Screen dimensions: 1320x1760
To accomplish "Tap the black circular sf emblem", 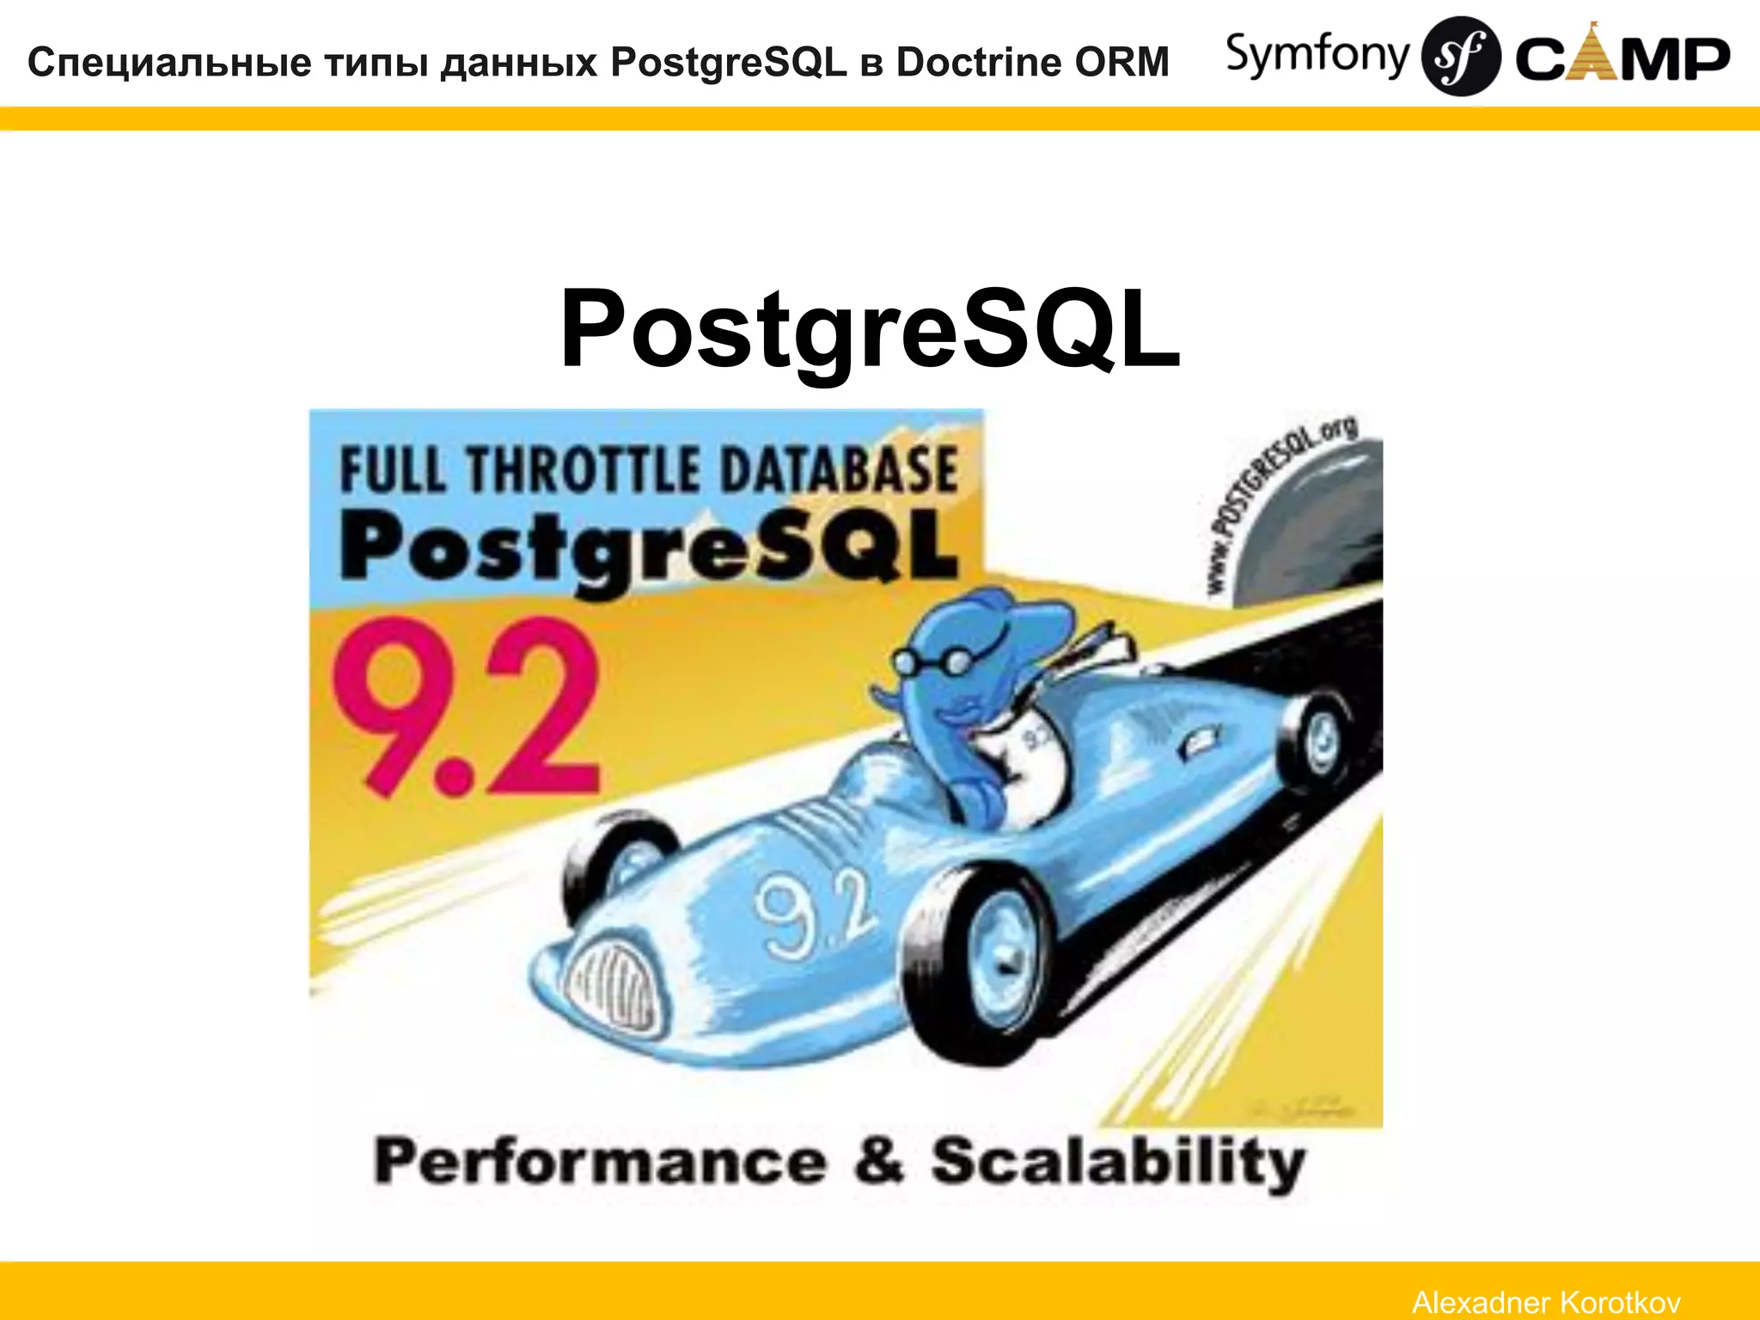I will pos(1460,56).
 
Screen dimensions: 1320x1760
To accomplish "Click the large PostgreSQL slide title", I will pos(870,328).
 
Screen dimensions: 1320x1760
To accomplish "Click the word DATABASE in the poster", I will pos(837,470).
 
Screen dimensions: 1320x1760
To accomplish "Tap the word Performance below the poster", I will pos(599,1162).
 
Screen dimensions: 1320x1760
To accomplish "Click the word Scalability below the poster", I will pos(1117,1162).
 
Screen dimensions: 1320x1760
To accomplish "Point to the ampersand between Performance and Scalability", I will pos(878,1160).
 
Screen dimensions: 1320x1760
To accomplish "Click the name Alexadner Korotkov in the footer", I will pos(1546,1302).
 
